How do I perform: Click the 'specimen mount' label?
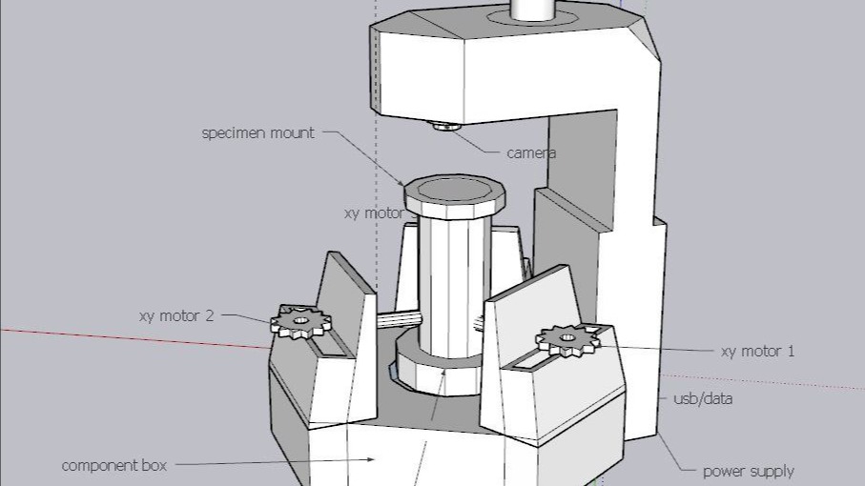point(257,132)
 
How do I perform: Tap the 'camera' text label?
point(531,152)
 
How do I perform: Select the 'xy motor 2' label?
point(176,315)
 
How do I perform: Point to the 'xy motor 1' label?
point(757,352)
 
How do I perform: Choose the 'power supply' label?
point(748,471)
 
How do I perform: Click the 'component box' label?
point(113,466)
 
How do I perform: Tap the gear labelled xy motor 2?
point(300,321)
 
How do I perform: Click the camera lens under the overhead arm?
point(445,125)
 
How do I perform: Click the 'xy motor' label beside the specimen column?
point(374,213)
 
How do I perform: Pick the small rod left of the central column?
point(400,320)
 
